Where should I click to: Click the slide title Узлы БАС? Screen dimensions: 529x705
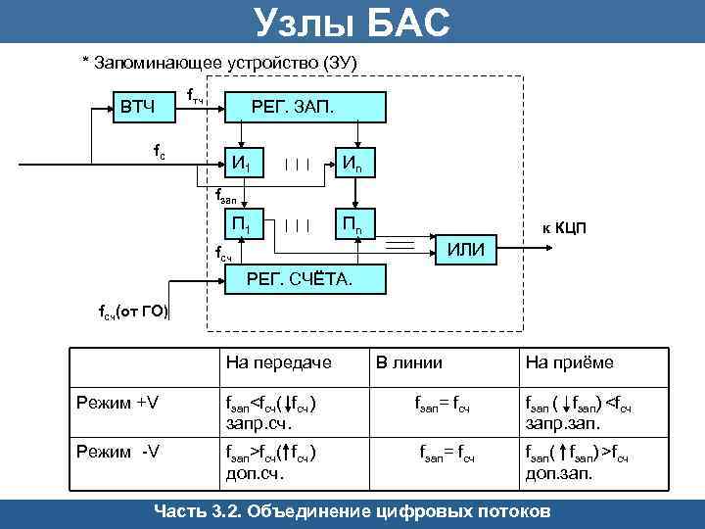[352, 22]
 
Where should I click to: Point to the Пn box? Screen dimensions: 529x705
[353, 227]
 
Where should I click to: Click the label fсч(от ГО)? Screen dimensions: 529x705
[132, 313]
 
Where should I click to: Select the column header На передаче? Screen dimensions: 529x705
[278, 362]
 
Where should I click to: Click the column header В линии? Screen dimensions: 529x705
[408, 362]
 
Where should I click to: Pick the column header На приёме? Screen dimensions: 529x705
[569, 362]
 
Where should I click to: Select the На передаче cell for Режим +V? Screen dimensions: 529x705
[271, 411]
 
